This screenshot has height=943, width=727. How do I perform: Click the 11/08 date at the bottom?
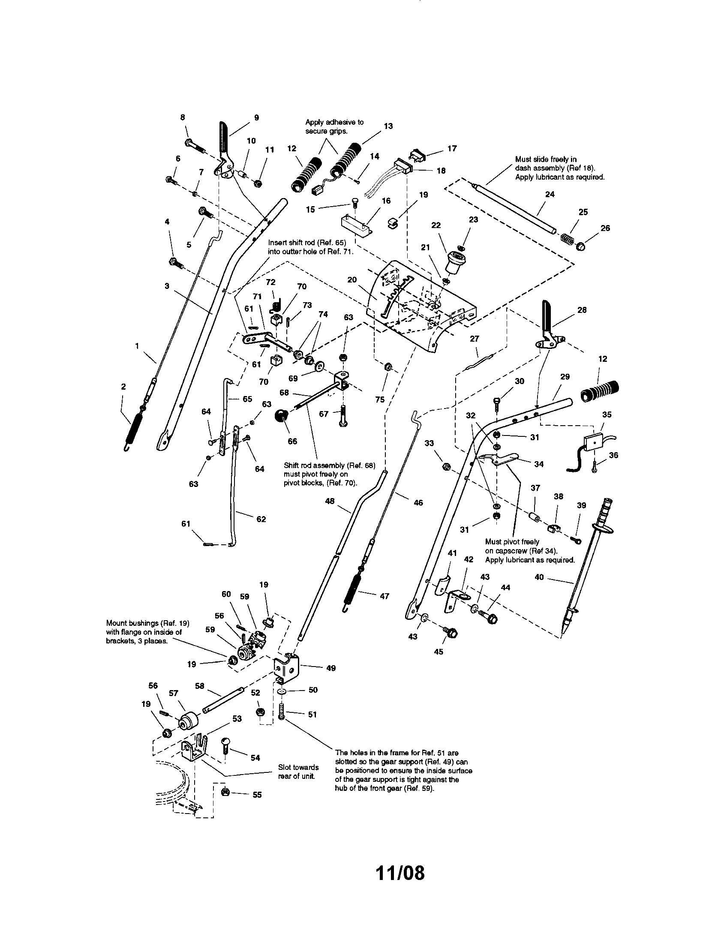(x=400, y=873)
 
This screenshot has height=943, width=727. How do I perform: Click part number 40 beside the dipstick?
(x=539, y=577)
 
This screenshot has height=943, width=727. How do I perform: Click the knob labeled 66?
(x=282, y=417)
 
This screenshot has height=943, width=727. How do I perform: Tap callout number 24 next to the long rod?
(x=550, y=194)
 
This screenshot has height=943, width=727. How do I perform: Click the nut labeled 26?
(x=582, y=247)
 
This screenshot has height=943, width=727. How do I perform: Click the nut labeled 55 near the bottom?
(x=225, y=791)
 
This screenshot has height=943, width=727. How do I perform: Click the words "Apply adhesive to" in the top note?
(x=334, y=122)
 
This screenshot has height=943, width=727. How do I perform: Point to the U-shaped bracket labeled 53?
(x=194, y=750)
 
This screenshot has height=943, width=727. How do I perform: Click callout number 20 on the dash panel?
(x=352, y=279)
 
